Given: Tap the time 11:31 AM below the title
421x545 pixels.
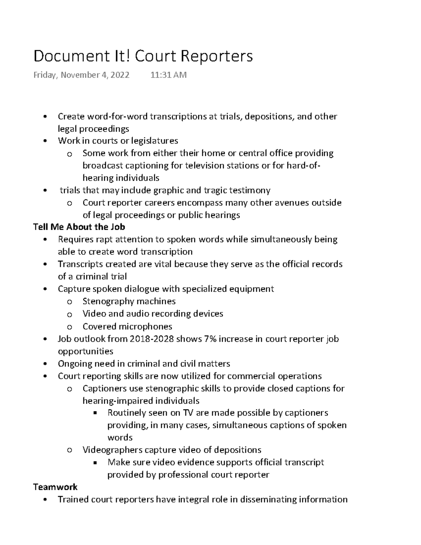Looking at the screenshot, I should coord(168,75).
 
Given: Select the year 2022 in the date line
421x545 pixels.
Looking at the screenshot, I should coord(120,75).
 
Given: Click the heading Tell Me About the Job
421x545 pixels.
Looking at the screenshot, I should coord(79,227).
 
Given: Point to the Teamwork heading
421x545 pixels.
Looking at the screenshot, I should coord(55,487).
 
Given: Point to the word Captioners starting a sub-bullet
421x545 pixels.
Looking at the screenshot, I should coord(105,388).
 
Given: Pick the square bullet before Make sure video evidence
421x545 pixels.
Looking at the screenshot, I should coord(95,463).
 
